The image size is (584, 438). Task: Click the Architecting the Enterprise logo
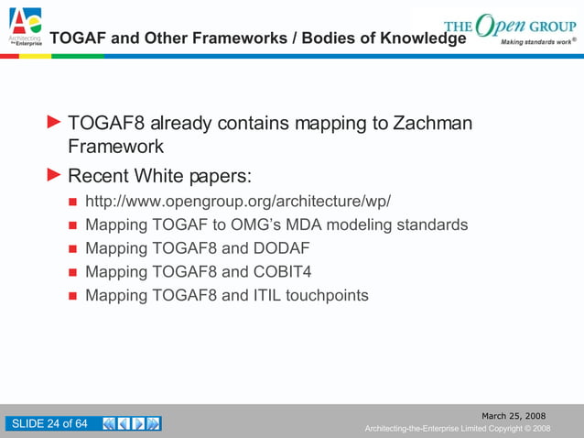pyautogui.click(x=24, y=26)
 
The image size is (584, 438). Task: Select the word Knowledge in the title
pyautogui.click(x=416, y=38)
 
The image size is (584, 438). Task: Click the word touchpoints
pyautogui.click(x=327, y=295)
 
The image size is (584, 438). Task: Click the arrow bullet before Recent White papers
pyautogui.click(x=54, y=174)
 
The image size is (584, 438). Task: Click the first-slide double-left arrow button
pyautogui.click(x=110, y=423)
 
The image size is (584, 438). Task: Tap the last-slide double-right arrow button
pyautogui.click(x=154, y=423)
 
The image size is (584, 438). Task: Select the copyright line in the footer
pyautogui.click(x=457, y=429)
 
